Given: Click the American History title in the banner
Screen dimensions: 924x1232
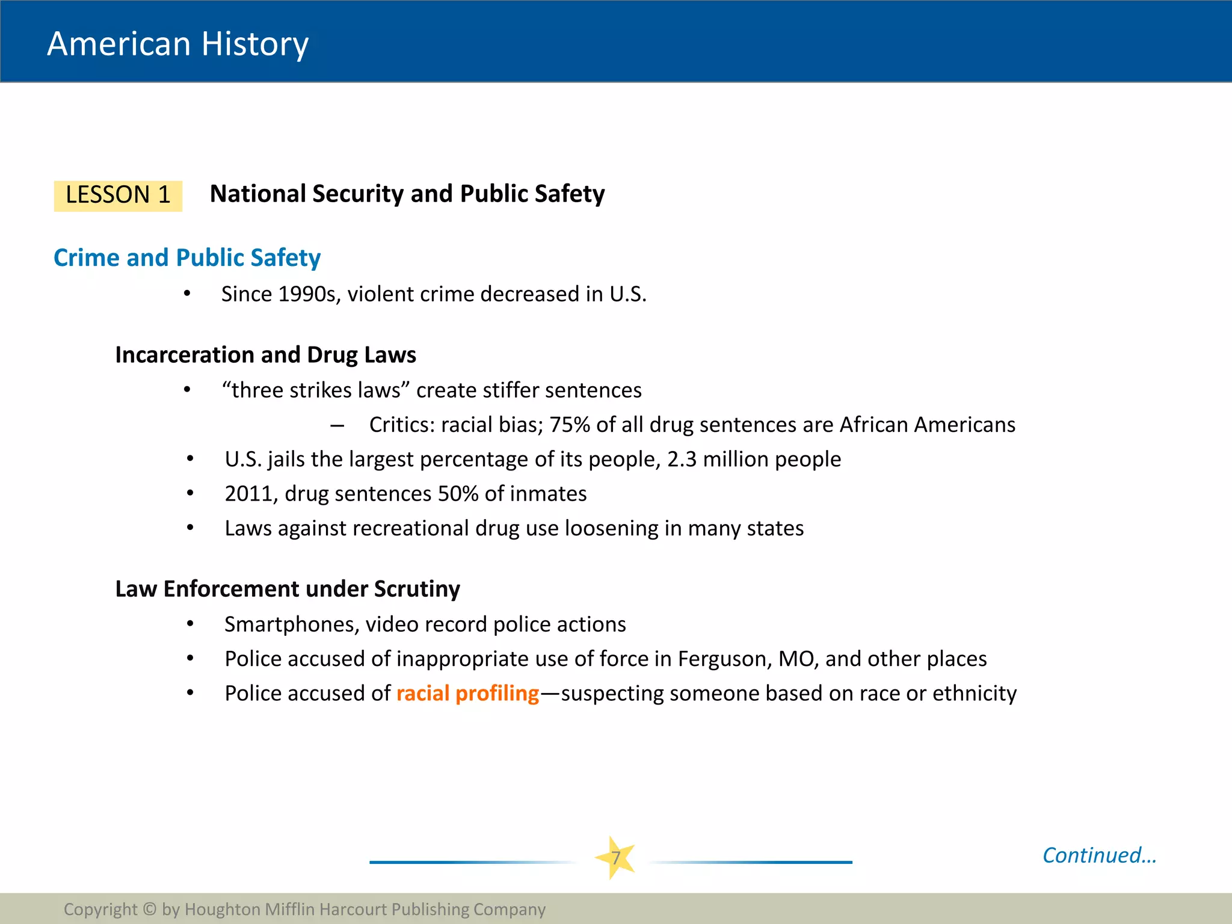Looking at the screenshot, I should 177,44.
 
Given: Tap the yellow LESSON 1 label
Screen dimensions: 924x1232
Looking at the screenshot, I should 118,196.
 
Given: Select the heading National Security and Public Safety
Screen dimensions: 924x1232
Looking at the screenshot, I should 407,194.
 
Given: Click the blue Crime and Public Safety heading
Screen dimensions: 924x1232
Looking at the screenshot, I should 187,257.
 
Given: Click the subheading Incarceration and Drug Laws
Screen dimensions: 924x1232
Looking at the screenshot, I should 265,355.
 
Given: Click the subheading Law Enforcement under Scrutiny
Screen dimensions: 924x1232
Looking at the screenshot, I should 288,589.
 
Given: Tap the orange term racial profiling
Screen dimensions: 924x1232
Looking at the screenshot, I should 467,694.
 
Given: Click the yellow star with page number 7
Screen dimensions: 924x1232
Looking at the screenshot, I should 615,858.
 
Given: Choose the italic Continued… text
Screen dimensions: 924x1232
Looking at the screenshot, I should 1099,855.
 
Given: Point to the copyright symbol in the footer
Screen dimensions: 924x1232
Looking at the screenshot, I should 150,909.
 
